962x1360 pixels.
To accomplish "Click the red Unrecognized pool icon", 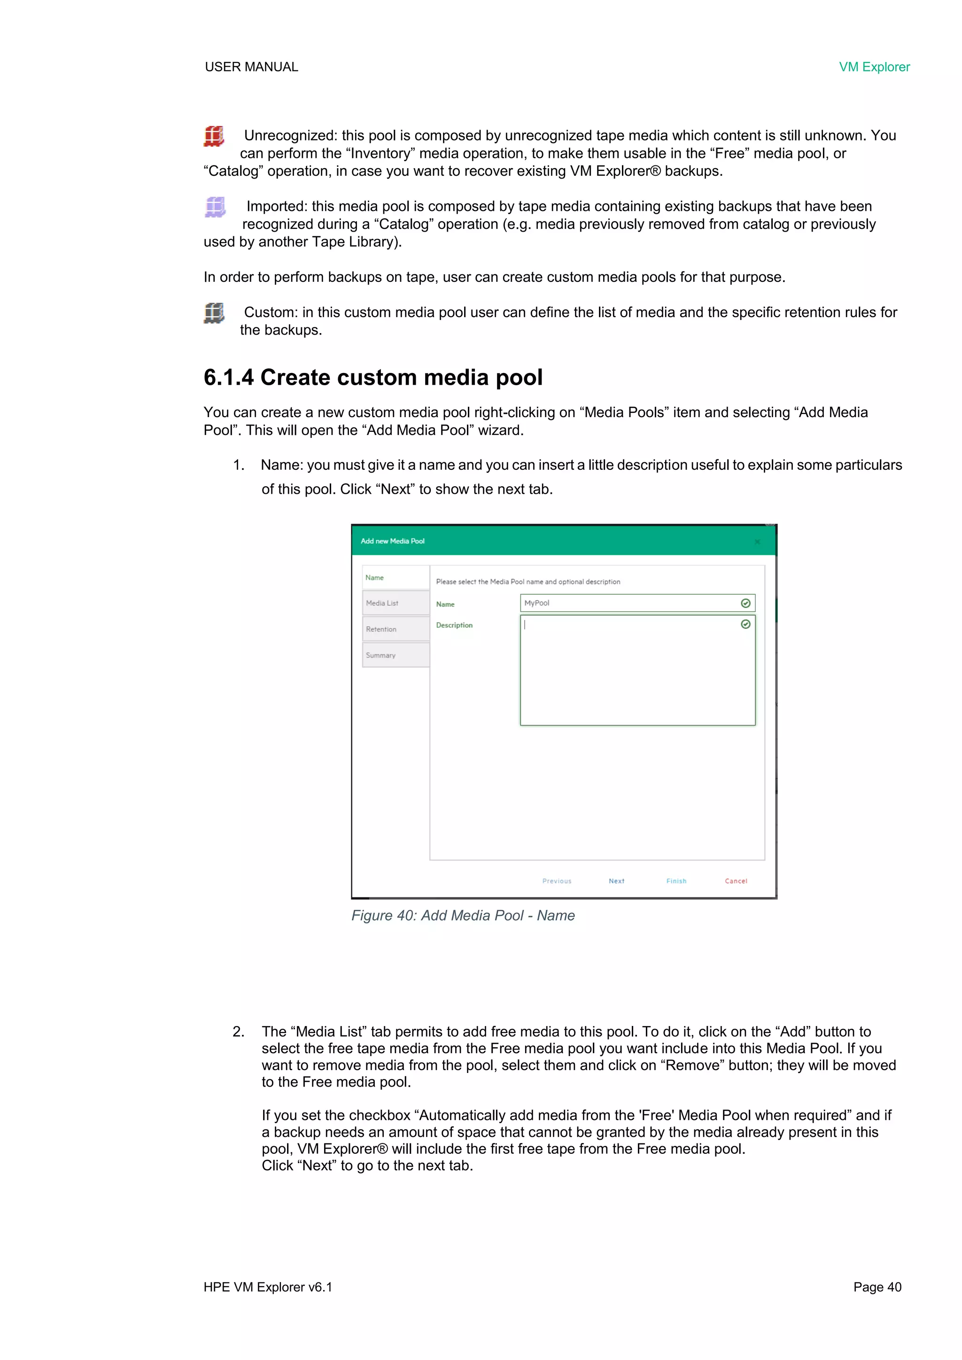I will tap(214, 136).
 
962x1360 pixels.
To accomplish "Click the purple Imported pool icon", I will tap(215, 207).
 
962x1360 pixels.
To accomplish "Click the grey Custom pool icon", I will tap(214, 313).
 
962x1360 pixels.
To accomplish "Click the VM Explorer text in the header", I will tap(874, 67).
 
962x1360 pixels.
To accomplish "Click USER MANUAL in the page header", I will tap(251, 67).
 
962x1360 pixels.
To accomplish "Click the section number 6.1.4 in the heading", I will tap(229, 377).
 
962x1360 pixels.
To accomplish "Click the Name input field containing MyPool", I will tap(628, 603).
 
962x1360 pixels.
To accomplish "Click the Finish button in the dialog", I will tap(676, 881).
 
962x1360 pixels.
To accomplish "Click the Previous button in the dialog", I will tap(557, 881).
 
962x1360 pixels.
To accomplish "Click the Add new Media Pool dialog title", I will tap(392, 541).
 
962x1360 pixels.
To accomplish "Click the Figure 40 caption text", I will tap(463, 915).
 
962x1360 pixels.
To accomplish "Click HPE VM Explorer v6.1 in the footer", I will tap(268, 1287).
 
